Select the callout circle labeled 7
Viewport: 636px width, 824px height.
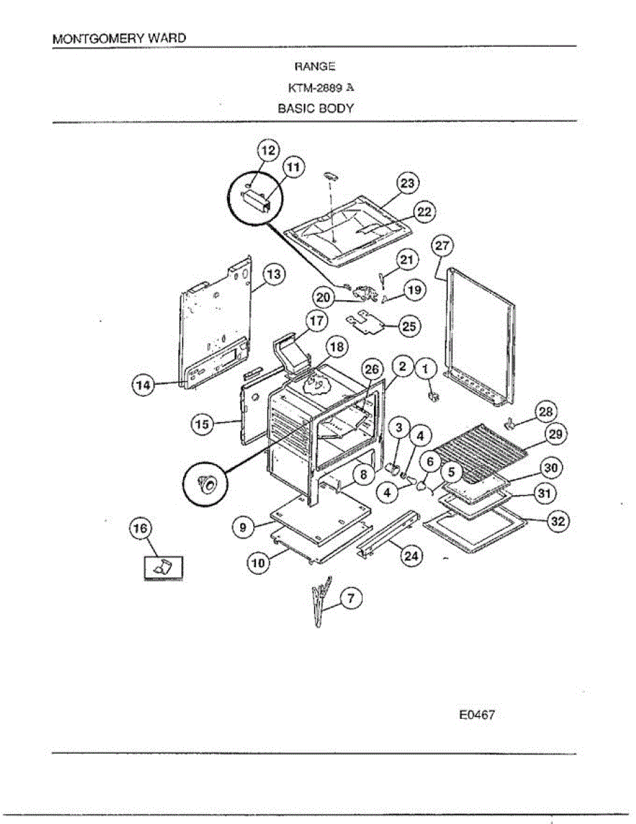351,599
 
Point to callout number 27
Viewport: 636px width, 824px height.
443,247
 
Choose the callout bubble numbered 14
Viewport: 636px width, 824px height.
142,386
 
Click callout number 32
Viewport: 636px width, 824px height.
558,522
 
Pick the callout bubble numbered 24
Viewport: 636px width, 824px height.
410,557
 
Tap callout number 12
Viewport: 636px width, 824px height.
268,150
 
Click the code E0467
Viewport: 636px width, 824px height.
476,715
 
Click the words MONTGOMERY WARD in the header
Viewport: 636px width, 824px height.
119,38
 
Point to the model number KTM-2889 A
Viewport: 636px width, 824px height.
320,87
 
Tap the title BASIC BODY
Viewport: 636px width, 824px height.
316,108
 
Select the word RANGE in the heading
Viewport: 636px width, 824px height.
315,67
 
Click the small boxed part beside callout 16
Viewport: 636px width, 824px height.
163,568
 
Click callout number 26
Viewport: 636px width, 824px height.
371,369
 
